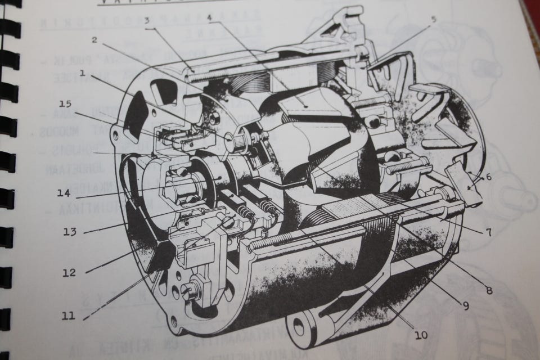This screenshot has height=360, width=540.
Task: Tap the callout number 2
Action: pos(94,40)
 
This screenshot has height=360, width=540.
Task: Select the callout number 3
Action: pos(146,21)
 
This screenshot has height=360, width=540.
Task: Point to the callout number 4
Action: pos(209,17)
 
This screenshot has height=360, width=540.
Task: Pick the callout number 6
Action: pos(488,177)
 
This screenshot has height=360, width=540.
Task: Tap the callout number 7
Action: pos(488,231)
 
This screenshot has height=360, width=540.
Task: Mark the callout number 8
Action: pos(488,290)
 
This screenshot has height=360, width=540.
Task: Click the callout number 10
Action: pos(420,336)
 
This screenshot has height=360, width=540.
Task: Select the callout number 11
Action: pos(69,316)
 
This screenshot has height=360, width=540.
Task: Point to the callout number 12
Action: pos(69,273)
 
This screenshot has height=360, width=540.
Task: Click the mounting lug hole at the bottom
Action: pos(298,326)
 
